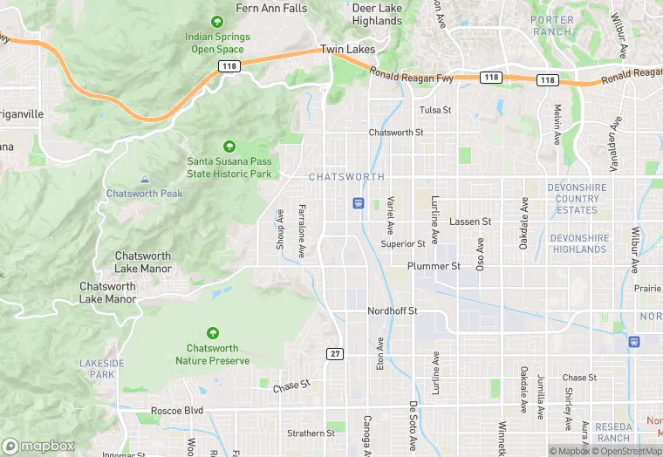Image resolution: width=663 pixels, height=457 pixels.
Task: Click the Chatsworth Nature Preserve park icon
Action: [213, 333]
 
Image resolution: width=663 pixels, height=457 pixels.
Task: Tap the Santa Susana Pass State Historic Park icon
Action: [229, 146]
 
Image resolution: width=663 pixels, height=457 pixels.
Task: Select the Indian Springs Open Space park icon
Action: [217, 21]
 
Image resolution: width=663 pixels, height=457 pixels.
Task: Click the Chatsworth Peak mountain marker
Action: [144, 180]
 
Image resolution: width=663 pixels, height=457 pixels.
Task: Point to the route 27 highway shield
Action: [335, 353]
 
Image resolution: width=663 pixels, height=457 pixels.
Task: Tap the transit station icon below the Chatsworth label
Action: [358, 203]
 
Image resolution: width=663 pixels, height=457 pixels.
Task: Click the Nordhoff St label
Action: [393, 310]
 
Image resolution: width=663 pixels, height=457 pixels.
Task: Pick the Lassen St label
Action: [470, 222]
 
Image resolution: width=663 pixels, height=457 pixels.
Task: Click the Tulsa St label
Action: [435, 110]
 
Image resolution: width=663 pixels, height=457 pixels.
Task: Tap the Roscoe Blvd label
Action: [176, 409]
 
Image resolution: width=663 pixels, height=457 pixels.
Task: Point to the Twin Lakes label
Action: [347, 50]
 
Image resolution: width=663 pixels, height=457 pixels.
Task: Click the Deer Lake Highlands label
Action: [377, 14]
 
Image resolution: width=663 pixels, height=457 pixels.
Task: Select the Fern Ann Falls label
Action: [272, 8]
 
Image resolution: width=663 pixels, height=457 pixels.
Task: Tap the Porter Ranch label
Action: [552, 26]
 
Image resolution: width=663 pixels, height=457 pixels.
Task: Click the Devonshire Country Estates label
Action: [579, 199]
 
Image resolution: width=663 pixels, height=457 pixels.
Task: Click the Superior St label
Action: [403, 244]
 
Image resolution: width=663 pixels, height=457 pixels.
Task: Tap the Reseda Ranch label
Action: [614, 432]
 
